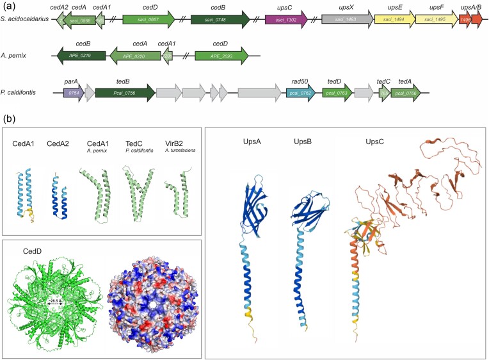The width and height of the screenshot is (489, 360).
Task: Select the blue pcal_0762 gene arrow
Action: [x=300, y=94]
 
